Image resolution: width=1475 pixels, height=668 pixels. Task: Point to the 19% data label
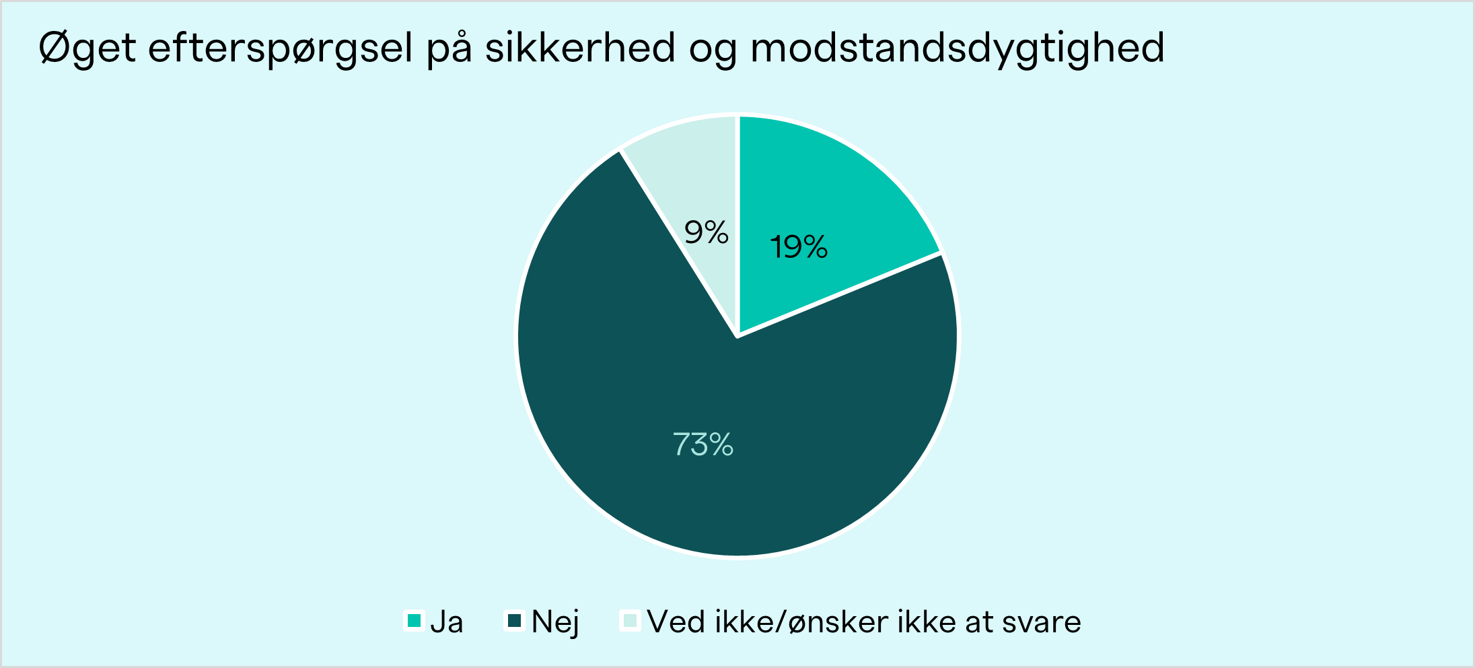(x=799, y=247)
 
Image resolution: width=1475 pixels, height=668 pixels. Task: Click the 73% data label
(x=703, y=444)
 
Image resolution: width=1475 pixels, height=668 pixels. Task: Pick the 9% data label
(x=707, y=232)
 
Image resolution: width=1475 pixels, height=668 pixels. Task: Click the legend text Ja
(x=447, y=622)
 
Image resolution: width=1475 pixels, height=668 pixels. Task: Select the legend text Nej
(x=555, y=622)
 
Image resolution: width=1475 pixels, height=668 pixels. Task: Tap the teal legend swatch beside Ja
(x=415, y=620)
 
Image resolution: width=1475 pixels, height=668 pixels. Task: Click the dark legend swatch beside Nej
(x=515, y=620)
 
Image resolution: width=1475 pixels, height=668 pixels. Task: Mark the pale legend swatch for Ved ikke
(x=630, y=620)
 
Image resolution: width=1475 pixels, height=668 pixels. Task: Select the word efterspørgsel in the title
(x=280, y=48)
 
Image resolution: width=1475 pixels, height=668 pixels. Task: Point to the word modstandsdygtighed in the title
(x=957, y=48)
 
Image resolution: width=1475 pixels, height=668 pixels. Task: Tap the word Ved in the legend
(x=676, y=621)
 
